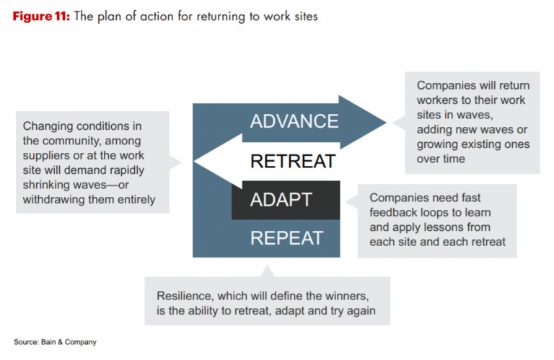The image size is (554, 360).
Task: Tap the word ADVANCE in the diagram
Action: (x=294, y=120)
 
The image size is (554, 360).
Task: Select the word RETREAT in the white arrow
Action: (x=292, y=160)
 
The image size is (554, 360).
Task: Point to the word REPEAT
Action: (x=286, y=237)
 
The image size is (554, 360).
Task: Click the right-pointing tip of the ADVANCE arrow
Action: (x=384, y=120)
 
